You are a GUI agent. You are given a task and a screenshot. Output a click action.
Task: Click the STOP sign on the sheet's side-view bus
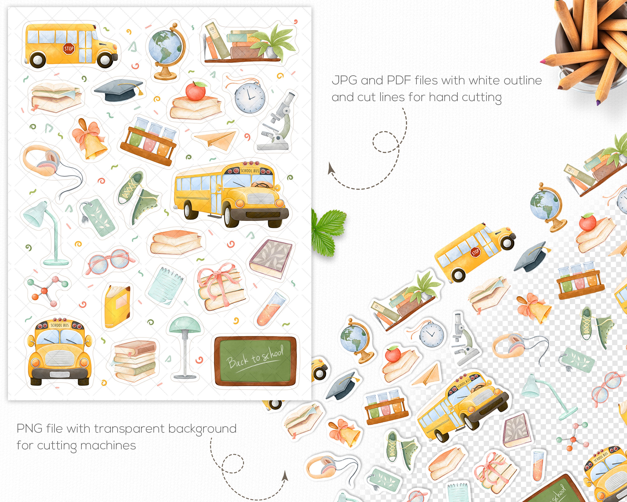click(69, 49)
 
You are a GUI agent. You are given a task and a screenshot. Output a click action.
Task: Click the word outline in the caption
click(522, 80)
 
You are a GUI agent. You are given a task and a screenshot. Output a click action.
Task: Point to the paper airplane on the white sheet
click(215, 140)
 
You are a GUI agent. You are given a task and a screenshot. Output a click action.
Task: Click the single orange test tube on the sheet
click(270, 310)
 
